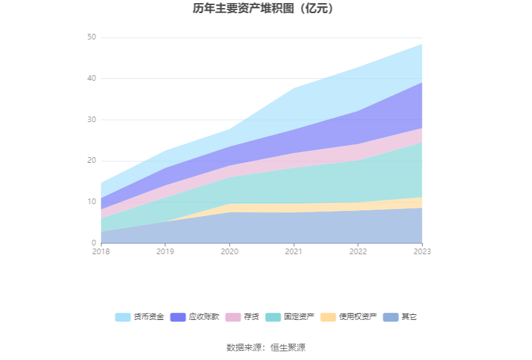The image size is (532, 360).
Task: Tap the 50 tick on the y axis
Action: (91, 38)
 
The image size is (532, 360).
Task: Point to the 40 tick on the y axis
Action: (91, 78)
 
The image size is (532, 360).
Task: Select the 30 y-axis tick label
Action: (91, 120)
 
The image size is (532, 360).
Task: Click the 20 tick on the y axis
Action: (91, 161)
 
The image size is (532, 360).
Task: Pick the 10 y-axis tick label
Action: (91, 202)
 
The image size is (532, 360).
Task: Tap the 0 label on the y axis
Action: (94, 243)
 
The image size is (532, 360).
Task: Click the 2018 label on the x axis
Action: (101, 252)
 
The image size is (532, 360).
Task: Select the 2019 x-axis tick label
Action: (165, 252)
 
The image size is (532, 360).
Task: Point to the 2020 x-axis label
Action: (230, 252)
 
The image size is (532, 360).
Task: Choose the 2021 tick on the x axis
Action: (294, 252)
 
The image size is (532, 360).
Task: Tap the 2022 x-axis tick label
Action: (358, 252)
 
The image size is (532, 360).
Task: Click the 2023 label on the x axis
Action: (422, 252)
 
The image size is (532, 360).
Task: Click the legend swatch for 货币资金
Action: (123, 317)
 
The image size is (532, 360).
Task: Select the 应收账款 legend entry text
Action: (204, 317)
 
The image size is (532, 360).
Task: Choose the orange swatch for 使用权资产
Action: (328, 317)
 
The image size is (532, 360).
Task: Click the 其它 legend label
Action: (409, 317)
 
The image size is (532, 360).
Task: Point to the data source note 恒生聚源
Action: (288, 347)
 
